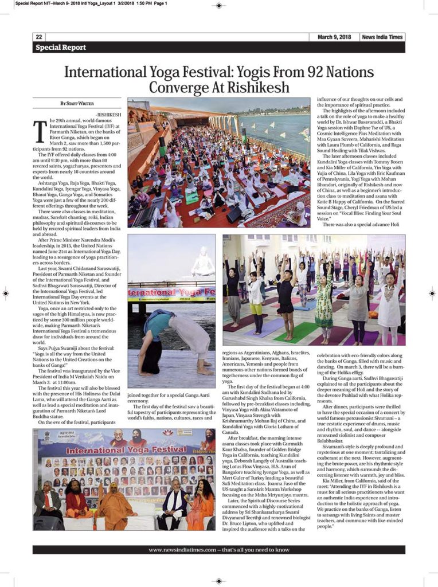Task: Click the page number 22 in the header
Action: [38, 37]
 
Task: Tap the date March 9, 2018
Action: [334, 37]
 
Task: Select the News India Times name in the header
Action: [382, 37]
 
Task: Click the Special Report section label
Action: [61, 48]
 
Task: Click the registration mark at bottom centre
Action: [219, 580]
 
